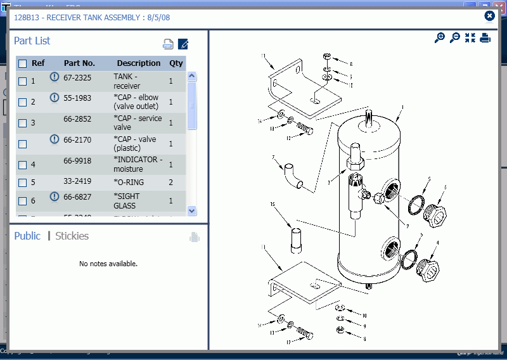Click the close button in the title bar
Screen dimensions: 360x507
click(489, 16)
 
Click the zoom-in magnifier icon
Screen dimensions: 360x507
click(439, 38)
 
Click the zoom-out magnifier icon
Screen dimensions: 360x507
click(454, 38)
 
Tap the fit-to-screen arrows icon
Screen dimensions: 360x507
click(470, 38)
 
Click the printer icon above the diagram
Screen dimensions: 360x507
click(485, 38)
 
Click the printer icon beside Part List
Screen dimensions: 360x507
click(168, 44)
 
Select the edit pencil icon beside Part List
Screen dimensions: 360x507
click(183, 44)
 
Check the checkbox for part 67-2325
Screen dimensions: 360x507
click(23, 81)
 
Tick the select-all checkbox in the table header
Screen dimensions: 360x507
click(23, 63)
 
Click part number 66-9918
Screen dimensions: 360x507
click(77, 161)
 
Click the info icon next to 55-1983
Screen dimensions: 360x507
click(55, 98)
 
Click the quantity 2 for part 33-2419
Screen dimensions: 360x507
click(170, 182)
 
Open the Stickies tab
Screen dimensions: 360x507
click(72, 236)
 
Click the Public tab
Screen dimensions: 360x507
click(27, 236)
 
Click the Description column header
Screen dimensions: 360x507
click(139, 63)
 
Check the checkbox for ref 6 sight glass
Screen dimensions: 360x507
click(23, 201)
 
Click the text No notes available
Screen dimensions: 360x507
click(108, 264)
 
